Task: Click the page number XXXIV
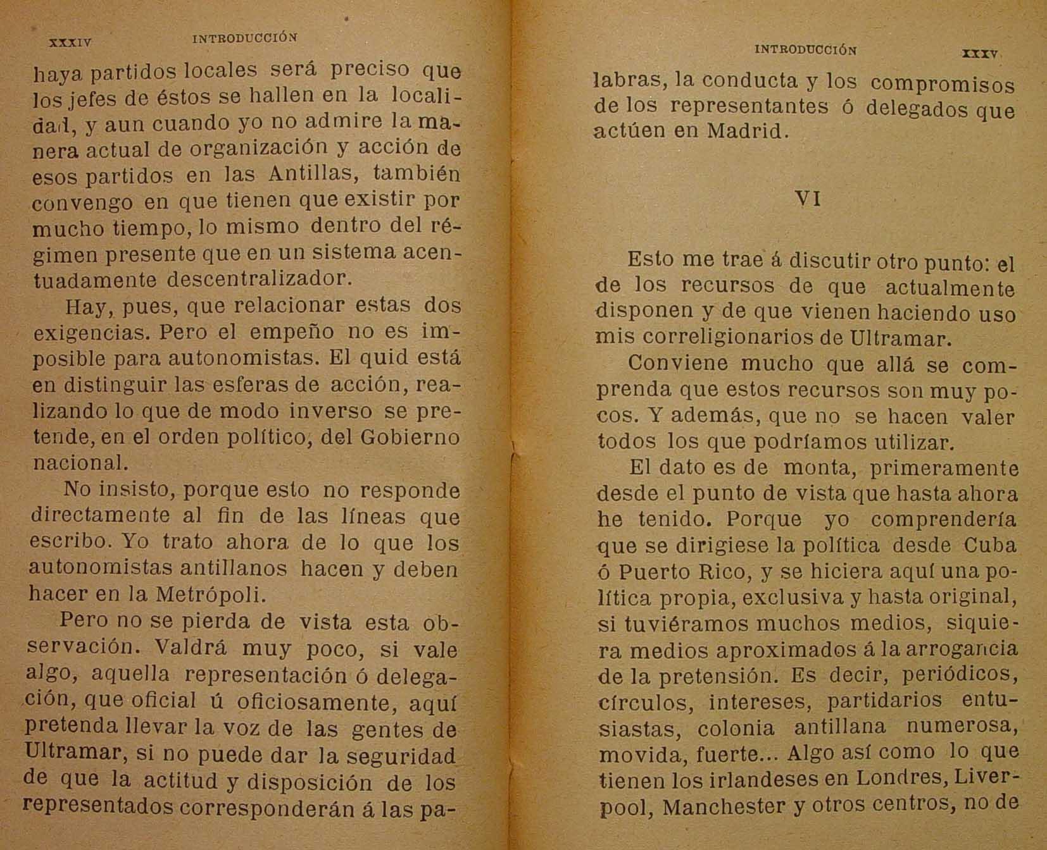click(x=70, y=44)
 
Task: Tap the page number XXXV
click(x=979, y=54)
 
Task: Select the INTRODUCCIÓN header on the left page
click(x=244, y=38)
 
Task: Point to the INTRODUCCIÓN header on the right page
click(x=806, y=50)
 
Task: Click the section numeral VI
click(x=808, y=199)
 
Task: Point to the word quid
click(x=381, y=358)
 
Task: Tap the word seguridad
click(x=403, y=756)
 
